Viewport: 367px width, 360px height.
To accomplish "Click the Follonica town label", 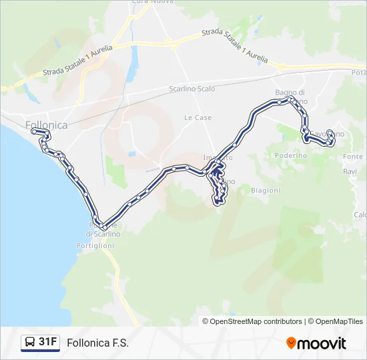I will coord(46,125).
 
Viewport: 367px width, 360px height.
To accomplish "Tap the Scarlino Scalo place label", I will coord(192,89).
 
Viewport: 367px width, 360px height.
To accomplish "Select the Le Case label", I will coord(198,117).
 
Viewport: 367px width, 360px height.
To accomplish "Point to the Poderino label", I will coord(290,155).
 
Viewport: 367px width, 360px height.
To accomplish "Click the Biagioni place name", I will coord(265,190).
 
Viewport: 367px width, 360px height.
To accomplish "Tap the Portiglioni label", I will coord(95,245).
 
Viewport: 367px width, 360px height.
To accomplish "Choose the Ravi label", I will coord(350,171).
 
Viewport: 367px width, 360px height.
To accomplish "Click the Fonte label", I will coord(353,157).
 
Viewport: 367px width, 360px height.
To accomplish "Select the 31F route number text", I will coord(47,342).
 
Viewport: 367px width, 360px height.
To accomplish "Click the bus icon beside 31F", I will coord(30,343).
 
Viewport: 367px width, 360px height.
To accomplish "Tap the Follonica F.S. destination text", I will coord(97,343).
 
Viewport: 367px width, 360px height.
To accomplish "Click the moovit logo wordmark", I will coord(322,343).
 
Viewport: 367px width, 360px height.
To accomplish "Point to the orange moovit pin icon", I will coord(291,343).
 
